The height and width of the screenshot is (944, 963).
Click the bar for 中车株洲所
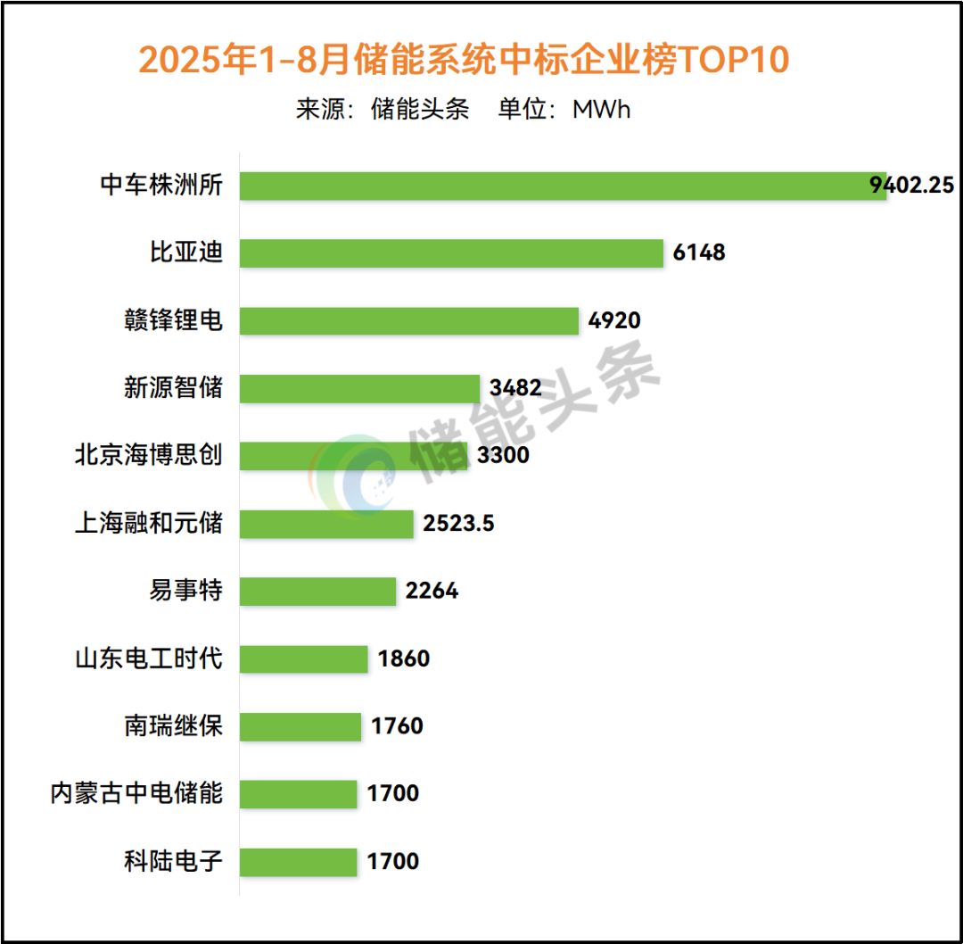562,186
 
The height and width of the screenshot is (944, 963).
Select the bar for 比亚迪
451,253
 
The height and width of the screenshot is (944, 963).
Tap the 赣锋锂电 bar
409,320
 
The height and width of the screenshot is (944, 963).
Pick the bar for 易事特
317,591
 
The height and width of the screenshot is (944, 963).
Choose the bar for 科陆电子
298,862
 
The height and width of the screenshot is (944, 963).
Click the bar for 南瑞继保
300,726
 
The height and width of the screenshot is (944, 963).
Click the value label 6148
699,253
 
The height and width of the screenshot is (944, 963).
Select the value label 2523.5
458,523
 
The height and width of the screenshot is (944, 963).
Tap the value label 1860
404,658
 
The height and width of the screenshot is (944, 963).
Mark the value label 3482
515,388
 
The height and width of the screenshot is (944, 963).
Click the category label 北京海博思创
148,455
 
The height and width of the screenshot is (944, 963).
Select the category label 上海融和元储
148,523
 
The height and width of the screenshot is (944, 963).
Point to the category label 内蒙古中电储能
136,793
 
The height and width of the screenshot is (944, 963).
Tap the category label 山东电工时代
148,658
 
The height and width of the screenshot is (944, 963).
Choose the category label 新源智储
173,388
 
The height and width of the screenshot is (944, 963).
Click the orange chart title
464,61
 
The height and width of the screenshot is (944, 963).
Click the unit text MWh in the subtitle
601,110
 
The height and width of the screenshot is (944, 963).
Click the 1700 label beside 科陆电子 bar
393,862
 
